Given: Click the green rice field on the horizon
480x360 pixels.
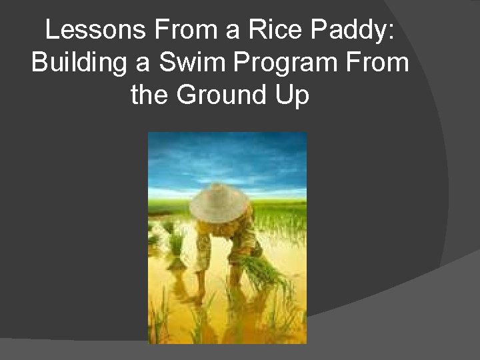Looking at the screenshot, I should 280,207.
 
